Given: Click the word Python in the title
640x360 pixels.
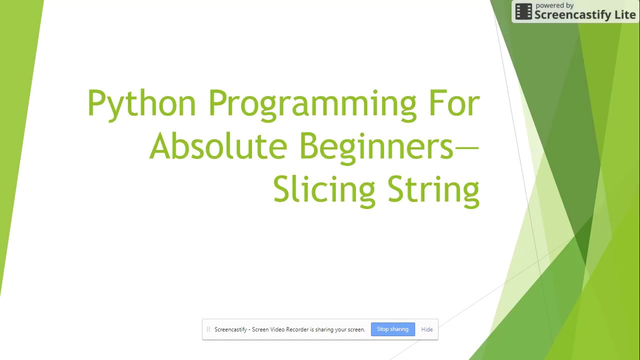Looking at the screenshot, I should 141,104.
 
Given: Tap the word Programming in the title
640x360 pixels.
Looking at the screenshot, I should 312,104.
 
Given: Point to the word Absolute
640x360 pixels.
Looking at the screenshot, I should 218,146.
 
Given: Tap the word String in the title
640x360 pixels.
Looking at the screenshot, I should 433,190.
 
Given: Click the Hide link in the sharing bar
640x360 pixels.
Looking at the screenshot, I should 427,329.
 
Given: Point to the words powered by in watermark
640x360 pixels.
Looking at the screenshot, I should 554,5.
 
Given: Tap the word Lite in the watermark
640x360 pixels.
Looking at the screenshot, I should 624,15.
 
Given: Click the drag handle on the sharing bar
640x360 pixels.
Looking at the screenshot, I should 208,329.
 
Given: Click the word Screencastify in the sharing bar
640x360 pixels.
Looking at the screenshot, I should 230,329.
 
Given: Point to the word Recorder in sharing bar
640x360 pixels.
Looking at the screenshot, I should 296,329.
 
